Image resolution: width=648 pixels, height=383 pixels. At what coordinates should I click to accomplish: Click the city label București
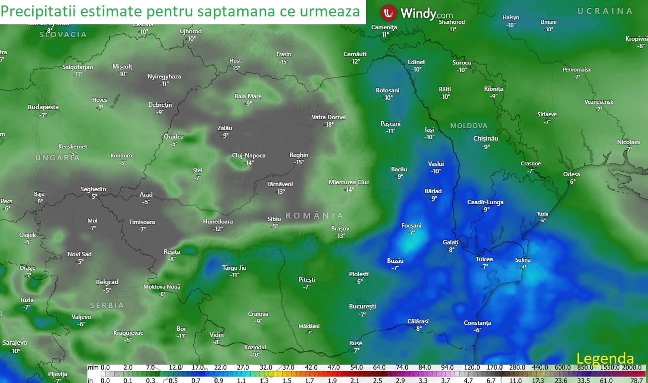click(362, 306)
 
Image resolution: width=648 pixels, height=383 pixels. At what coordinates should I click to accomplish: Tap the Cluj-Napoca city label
click(249, 155)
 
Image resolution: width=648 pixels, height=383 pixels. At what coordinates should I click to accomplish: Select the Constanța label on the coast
click(477, 323)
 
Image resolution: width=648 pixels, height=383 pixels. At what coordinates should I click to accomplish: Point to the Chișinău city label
click(486, 139)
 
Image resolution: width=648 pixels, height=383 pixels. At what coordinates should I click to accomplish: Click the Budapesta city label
click(43, 107)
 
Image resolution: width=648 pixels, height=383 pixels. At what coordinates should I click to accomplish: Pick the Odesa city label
click(571, 174)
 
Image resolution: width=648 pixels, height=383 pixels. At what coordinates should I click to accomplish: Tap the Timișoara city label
click(142, 222)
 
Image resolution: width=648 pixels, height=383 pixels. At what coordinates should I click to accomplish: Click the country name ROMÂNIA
click(314, 216)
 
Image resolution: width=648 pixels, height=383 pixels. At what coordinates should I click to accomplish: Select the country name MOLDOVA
click(469, 126)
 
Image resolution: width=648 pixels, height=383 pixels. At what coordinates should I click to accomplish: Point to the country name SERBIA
click(107, 306)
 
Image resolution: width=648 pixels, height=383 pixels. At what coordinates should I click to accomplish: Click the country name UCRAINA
click(605, 11)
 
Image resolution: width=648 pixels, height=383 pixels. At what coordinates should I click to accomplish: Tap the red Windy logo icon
click(388, 12)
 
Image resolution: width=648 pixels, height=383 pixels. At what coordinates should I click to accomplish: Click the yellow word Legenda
click(605, 359)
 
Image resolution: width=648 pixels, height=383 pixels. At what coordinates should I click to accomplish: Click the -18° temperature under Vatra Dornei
click(328, 125)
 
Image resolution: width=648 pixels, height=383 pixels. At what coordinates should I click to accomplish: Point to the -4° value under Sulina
click(523, 267)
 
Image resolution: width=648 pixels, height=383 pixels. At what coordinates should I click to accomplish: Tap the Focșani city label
click(411, 226)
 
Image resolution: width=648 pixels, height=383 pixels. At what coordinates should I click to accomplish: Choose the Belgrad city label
click(107, 282)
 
